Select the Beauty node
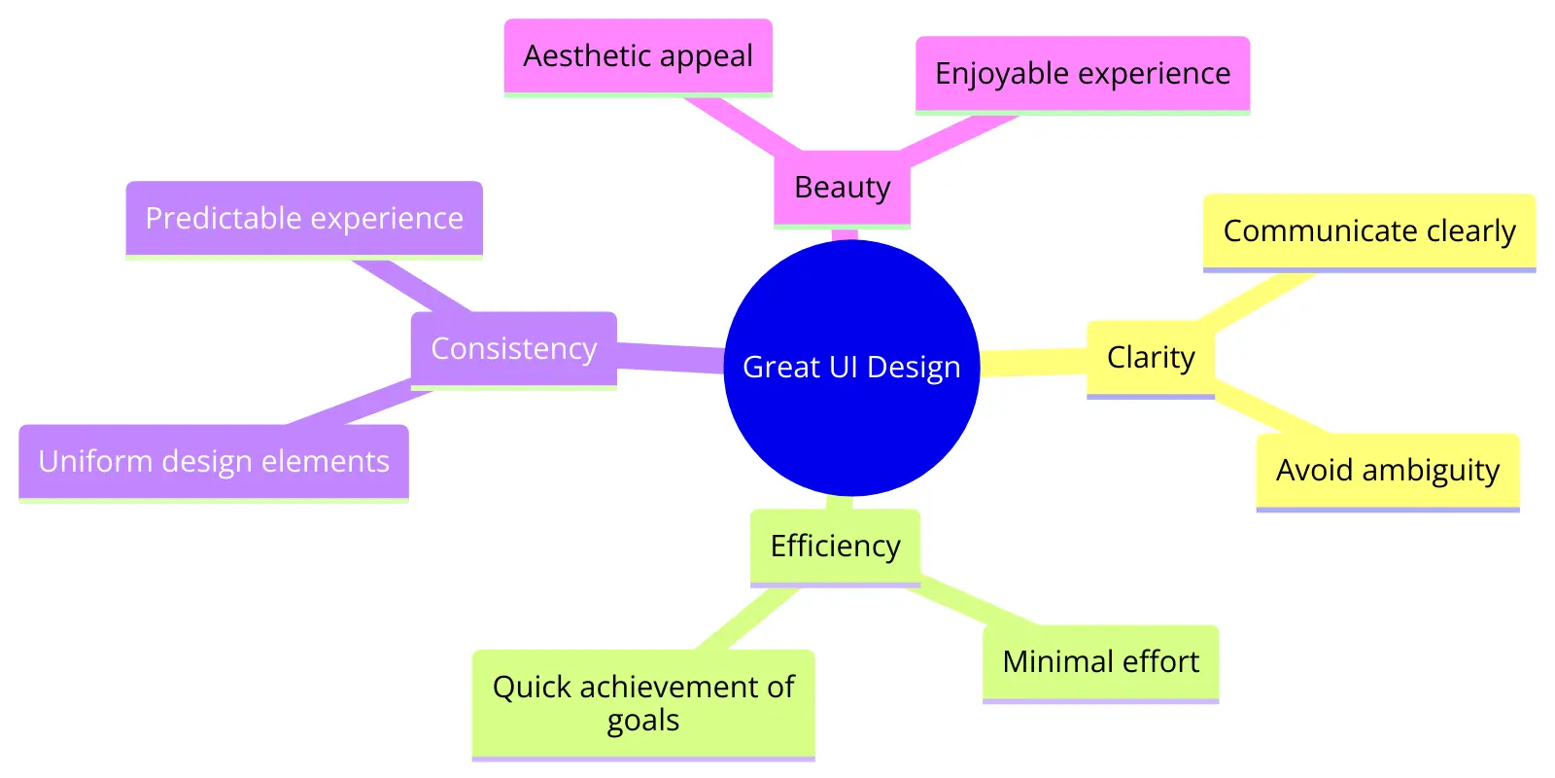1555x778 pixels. [842, 187]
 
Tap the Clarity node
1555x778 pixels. [1150, 357]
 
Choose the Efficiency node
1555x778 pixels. [835, 546]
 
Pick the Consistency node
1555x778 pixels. [513, 348]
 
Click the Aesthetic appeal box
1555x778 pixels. [638, 55]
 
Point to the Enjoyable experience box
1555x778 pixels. [1082, 74]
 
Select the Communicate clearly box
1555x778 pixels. [1368, 230]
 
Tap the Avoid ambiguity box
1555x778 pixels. [1387, 470]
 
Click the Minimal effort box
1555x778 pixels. [1100, 661]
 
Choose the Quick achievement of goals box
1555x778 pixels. [642, 702]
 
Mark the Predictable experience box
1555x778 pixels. [304, 218]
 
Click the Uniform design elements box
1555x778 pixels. [214, 461]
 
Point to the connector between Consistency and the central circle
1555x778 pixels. [671, 357]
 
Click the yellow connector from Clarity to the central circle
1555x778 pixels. [1033, 362]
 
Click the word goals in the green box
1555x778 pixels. [642, 721]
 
